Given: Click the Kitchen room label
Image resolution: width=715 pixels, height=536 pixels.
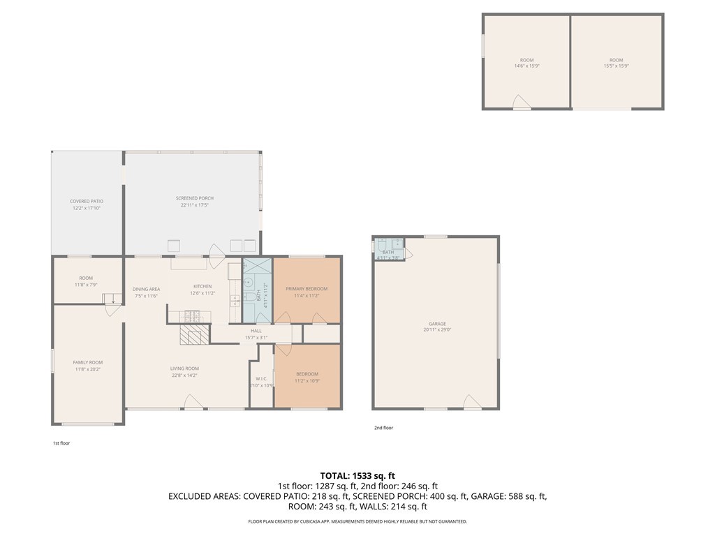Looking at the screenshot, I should point(202,286).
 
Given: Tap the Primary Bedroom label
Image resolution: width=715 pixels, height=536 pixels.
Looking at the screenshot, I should point(306,289).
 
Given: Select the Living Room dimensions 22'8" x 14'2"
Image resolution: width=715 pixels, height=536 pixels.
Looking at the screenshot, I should point(185,375).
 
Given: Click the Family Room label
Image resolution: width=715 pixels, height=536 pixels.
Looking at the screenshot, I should point(88,362).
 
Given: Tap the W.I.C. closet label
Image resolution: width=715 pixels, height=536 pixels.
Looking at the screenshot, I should point(262,379).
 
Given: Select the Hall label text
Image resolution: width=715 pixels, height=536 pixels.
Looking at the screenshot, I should point(256,331).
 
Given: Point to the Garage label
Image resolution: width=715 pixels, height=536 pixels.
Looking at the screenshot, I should point(437,324).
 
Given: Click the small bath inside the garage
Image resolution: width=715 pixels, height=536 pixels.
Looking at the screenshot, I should point(388,249).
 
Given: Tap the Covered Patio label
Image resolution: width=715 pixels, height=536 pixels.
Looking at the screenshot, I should point(87,201).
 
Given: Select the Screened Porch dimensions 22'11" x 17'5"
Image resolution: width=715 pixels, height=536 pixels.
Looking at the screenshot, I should point(195,205).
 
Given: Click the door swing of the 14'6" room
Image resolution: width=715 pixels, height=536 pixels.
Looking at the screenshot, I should point(521,103).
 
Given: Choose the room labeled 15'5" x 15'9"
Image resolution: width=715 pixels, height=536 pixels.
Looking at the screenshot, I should point(616,63).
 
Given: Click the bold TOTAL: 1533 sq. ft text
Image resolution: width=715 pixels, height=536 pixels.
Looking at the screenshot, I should point(357,475).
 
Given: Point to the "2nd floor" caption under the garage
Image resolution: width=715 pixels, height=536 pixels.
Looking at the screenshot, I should point(383,428).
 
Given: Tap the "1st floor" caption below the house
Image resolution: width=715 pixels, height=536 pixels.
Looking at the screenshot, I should point(61,443).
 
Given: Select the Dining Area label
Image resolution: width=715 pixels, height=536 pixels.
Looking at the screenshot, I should point(147,289).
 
